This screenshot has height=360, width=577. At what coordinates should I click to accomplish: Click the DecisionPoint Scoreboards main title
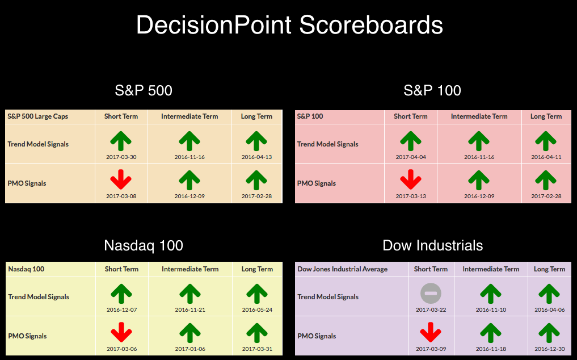[289, 25]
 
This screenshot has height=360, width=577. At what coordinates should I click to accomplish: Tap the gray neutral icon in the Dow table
[431, 294]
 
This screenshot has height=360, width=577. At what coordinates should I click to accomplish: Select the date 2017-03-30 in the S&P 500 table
[121, 157]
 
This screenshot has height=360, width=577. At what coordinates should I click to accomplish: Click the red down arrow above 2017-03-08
[121, 179]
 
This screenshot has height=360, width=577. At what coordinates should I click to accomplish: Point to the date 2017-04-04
[411, 157]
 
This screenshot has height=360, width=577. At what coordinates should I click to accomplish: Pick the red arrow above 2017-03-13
[411, 179]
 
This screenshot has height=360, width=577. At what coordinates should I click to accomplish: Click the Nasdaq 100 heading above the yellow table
[144, 245]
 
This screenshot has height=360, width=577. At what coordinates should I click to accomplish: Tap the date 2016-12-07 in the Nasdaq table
[122, 310]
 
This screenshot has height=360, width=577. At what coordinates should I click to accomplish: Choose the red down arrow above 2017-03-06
[121, 332]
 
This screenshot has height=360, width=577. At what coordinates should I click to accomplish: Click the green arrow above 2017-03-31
[257, 333]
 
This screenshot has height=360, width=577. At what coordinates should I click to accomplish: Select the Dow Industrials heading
[433, 245]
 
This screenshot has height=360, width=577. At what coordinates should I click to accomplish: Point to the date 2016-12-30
[549, 349]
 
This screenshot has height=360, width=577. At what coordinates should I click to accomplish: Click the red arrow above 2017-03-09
[431, 332]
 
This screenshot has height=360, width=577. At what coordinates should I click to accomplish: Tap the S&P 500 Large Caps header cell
[37, 116]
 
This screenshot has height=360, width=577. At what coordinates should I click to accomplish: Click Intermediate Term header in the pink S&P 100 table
[479, 116]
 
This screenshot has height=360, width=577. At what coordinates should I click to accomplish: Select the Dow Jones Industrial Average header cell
[342, 269]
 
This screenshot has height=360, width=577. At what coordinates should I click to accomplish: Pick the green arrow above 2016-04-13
[256, 141]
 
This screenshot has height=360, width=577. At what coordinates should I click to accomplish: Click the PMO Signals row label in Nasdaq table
[27, 336]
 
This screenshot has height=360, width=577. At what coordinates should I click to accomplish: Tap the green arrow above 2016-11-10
[491, 294]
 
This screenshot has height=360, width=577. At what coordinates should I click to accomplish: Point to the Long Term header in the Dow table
[549, 269]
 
